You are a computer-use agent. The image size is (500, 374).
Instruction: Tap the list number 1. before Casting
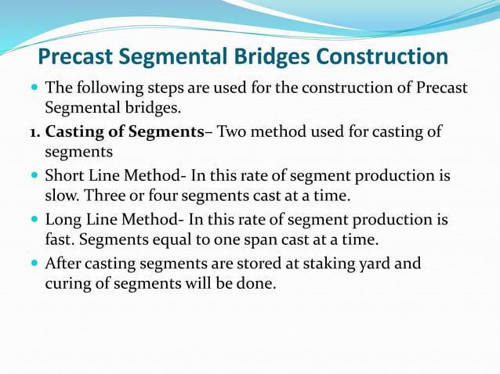(34, 131)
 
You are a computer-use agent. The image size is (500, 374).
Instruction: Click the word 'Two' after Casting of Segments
(233, 131)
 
